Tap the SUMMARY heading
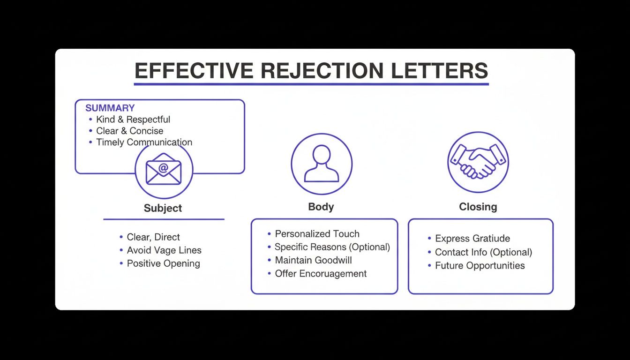pos(110,108)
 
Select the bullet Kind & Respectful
pos(133,120)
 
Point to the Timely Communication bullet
pos(144,142)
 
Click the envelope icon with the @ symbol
pos(163,169)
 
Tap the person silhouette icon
pos(321,164)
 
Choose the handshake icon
pos(478,162)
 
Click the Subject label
pos(163,208)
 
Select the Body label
pos(321,207)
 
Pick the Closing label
pos(478,207)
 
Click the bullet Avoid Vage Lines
pos(164,250)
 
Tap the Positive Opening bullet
pos(163,263)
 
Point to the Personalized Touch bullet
pos(317,234)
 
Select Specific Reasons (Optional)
pos(332,247)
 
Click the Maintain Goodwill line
pos(313,260)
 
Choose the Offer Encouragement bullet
pos(321,274)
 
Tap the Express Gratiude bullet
pos(472,239)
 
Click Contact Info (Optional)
pos(483,252)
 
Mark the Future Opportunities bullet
pos(480,266)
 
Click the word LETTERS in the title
pos(440,71)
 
